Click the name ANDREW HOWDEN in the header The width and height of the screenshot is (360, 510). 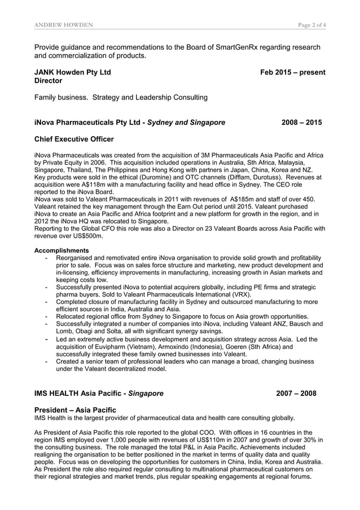64,24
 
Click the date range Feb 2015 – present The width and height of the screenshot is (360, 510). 292,72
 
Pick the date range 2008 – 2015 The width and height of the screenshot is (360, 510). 302,122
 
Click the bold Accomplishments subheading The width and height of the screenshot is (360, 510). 62,250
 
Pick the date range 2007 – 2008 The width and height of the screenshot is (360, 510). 296,393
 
